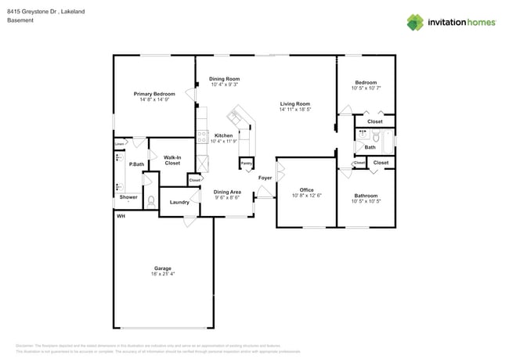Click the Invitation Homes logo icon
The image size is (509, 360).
click(415, 22)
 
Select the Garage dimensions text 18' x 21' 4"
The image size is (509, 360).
click(163, 274)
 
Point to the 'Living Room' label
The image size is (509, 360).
click(295, 103)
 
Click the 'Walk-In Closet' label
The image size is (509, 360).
click(172, 160)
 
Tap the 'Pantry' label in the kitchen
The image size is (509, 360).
click(247, 164)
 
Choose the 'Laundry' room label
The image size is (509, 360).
click(179, 202)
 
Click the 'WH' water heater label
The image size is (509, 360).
click(121, 215)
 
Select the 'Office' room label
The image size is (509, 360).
click(306, 189)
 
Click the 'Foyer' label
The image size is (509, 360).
click(265, 178)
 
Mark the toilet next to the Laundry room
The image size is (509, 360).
click(151, 201)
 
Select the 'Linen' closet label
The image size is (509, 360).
click(119, 143)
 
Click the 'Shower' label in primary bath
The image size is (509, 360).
click(128, 197)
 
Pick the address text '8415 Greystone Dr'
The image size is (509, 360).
click(31, 12)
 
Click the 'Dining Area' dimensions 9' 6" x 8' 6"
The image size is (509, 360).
click(227, 197)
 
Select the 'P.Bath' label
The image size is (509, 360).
click(136, 164)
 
